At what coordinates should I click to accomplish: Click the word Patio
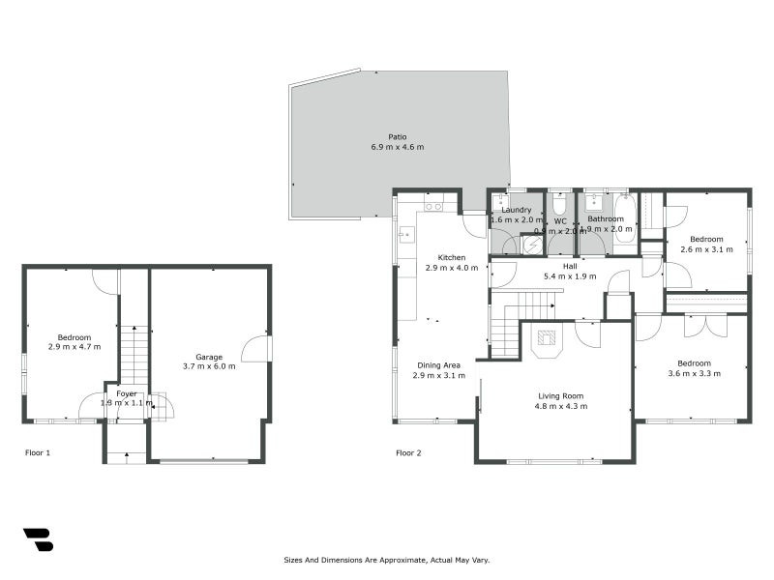(x=397, y=136)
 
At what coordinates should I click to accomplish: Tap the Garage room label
(x=209, y=357)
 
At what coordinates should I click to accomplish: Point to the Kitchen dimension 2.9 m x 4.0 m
(x=452, y=268)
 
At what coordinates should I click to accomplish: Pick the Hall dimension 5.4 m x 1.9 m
(x=570, y=275)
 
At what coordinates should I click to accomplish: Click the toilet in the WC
(x=560, y=205)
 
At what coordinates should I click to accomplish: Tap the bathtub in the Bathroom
(x=625, y=219)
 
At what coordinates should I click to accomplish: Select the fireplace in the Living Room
(x=548, y=339)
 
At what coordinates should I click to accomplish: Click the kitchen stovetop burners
(x=433, y=206)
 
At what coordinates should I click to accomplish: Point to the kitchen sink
(x=407, y=233)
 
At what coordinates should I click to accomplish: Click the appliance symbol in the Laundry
(x=531, y=245)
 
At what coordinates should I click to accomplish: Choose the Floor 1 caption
(x=38, y=452)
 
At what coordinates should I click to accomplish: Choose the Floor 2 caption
(x=408, y=452)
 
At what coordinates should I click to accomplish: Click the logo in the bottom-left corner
(x=38, y=539)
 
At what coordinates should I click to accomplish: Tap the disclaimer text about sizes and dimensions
(x=387, y=560)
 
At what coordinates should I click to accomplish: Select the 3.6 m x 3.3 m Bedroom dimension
(x=694, y=373)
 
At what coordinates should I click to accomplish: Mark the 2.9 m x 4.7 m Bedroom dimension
(x=74, y=346)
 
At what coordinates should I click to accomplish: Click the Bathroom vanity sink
(x=593, y=205)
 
